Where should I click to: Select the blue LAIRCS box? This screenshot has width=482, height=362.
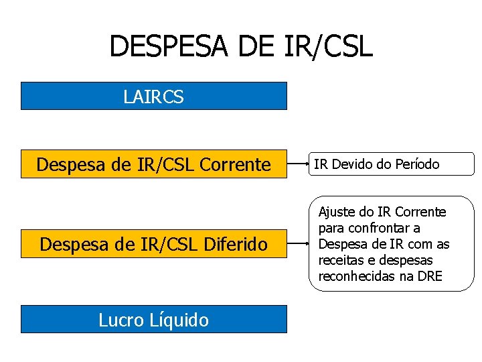click(154, 96)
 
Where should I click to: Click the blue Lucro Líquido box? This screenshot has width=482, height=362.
click(154, 320)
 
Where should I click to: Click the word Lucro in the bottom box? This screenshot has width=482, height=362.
click(120, 320)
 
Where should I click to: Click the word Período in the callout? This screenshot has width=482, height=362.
click(416, 164)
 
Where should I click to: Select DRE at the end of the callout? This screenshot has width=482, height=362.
click(429, 276)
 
